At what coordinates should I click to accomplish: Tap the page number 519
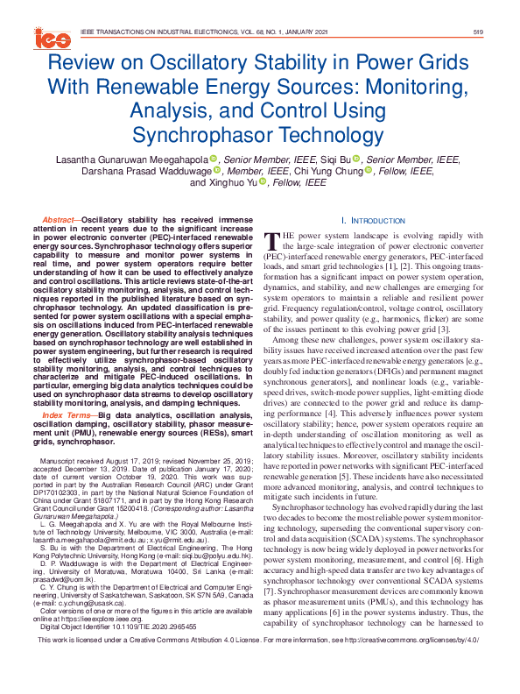[478, 32]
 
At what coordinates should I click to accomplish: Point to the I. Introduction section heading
[374, 221]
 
